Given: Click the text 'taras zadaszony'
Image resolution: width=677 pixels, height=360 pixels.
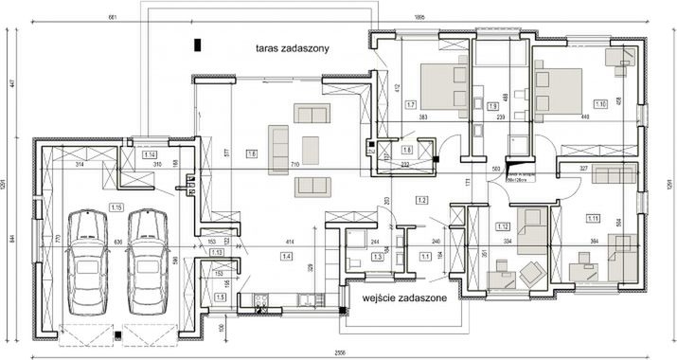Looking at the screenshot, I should (x=292, y=48).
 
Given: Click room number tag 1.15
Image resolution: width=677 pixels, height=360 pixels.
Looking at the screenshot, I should (x=116, y=207).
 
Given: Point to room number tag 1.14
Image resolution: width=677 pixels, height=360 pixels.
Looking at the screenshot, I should (x=149, y=153).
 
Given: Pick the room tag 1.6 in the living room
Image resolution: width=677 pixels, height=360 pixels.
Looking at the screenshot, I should (x=252, y=153).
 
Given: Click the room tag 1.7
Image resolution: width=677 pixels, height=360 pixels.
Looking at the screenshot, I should (x=410, y=104).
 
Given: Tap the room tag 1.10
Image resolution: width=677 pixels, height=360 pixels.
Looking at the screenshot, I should (x=600, y=104).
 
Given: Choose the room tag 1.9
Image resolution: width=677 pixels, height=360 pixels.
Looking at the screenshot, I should (x=492, y=107).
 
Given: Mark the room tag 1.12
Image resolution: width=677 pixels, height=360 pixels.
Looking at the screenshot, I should (x=503, y=226).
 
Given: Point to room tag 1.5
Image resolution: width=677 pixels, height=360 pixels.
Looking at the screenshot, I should (x=221, y=297).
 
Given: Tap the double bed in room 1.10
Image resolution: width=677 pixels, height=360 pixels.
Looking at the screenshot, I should (x=559, y=92).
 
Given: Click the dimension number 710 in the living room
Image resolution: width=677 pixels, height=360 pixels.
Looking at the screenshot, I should (x=295, y=165).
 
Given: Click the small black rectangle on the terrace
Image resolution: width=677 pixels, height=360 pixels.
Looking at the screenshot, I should (x=197, y=44).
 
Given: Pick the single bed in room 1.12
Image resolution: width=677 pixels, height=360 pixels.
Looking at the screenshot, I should (x=531, y=232).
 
